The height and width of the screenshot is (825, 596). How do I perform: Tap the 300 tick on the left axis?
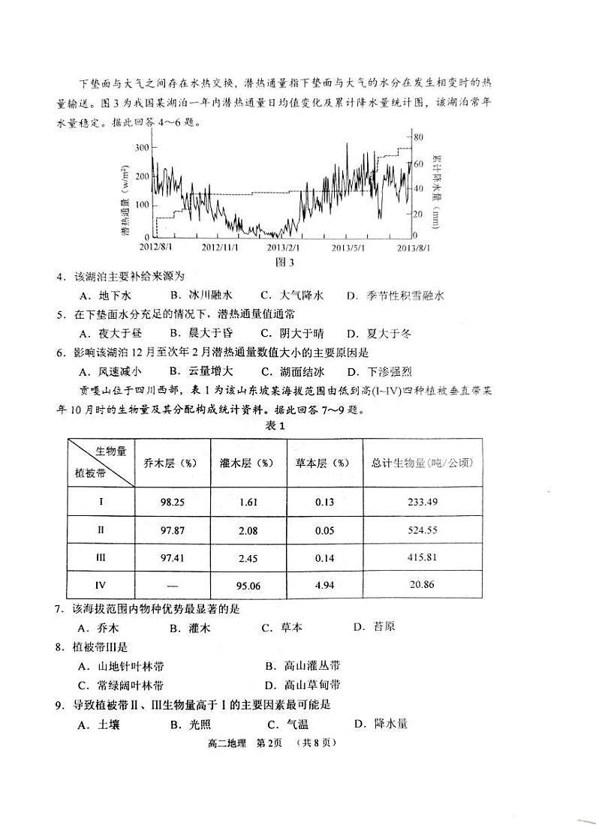[x=142, y=148]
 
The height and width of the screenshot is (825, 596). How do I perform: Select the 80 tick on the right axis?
[x=419, y=137]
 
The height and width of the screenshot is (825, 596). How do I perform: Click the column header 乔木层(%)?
[x=173, y=463]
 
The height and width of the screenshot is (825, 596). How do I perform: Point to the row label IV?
[x=101, y=584]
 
